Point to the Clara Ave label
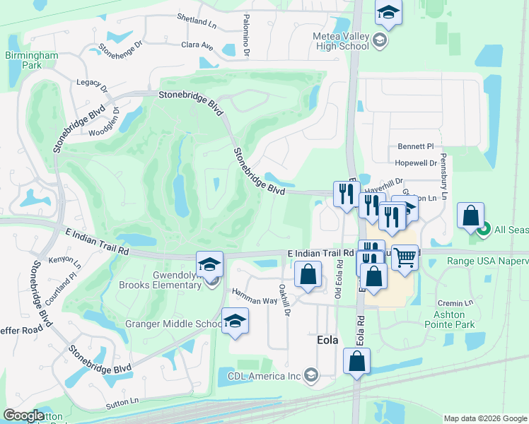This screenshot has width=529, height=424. (197, 46)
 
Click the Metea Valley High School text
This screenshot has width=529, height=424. (342, 41)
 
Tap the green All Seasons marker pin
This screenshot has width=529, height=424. (484, 229)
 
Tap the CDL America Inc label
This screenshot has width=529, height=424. (264, 375)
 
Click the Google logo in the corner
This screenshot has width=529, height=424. (23, 416)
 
